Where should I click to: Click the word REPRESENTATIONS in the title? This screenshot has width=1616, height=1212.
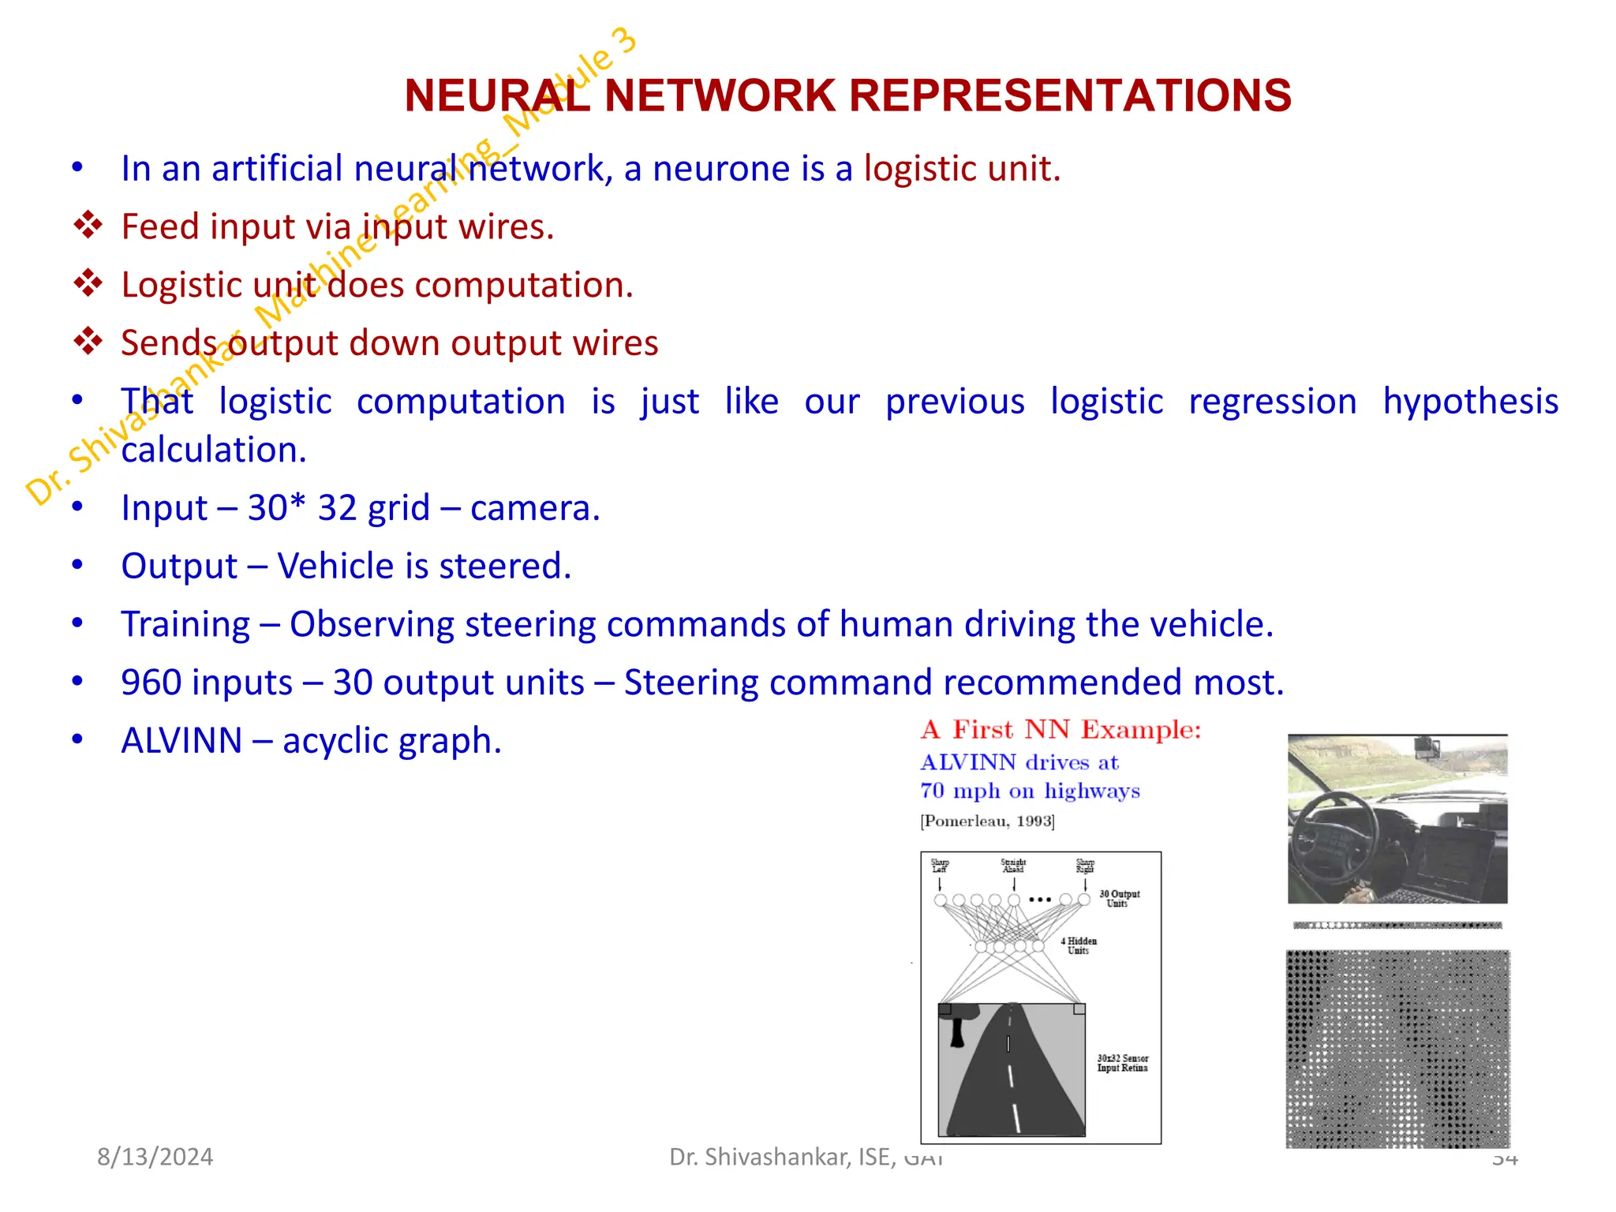(x=1070, y=95)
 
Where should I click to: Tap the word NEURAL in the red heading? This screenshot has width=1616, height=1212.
(x=496, y=95)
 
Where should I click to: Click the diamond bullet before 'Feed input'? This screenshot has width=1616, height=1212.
(x=88, y=226)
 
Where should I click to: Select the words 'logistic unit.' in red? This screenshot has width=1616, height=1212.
(x=962, y=169)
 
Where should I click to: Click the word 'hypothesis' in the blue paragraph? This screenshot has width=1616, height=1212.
(x=1470, y=402)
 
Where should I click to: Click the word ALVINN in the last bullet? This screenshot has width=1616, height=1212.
(x=181, y=741)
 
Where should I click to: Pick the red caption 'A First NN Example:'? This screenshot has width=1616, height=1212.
(x=1060, y=730)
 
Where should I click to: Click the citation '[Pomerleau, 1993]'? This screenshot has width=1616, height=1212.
(x=987, y=821)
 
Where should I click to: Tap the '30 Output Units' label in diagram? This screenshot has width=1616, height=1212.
(x=1119, y=899)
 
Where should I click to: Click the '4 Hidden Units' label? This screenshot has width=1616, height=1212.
(x=1079, y=945)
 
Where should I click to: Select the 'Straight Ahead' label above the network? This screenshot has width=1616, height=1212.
(x=1013, y=866)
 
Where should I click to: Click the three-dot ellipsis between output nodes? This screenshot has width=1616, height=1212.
(x=1040, y=900)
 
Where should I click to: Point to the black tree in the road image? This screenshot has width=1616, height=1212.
(x=959, y=1023)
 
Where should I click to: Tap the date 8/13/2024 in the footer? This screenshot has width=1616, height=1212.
(x=155, y=1157)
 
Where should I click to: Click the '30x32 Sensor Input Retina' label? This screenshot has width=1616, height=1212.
(x=1122, y=1063)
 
